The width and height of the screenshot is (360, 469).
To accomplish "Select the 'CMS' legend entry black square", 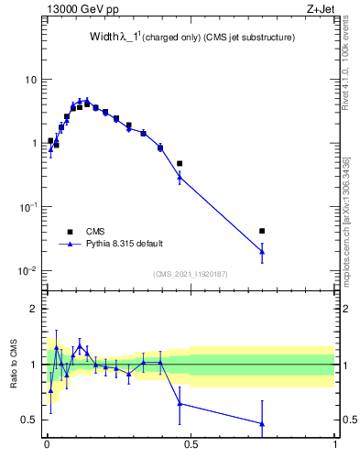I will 70,231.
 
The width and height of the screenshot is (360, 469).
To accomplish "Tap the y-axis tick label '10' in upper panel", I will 30,80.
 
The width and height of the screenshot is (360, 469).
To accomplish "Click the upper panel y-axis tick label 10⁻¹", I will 28,207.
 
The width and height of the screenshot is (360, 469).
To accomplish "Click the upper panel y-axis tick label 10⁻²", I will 28,271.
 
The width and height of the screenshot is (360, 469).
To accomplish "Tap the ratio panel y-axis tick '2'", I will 34,309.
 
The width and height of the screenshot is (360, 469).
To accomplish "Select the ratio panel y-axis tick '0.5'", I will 30,420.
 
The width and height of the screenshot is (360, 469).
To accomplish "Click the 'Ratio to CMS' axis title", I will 13,365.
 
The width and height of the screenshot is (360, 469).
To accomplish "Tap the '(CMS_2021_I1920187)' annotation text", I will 191,273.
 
